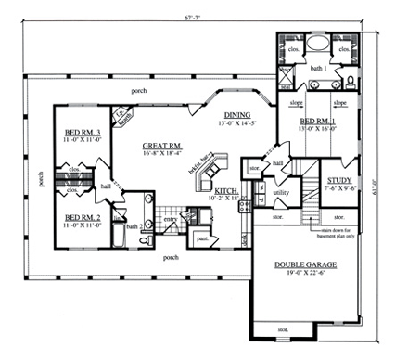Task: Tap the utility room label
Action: coord(282,192)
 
